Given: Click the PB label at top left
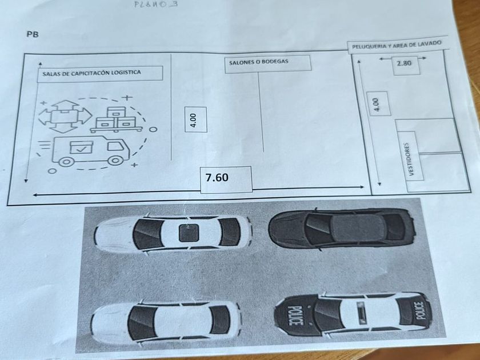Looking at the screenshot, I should tap(33, 34).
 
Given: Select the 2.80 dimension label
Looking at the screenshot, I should tap(405, 64).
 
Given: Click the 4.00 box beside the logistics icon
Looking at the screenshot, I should tap(194, 120).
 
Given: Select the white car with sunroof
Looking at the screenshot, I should tap(173, 234).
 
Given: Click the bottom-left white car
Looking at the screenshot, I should tap(163, 321).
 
